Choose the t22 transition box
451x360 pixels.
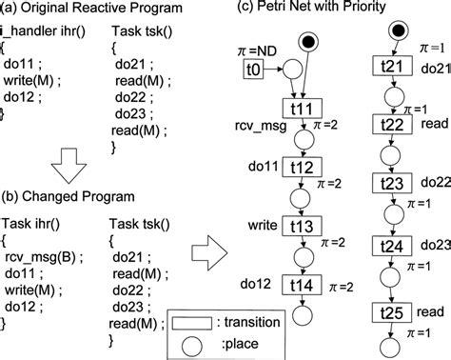coord(390,128)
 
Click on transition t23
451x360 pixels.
coord(390,185)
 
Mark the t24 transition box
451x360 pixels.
coord(390,243)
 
